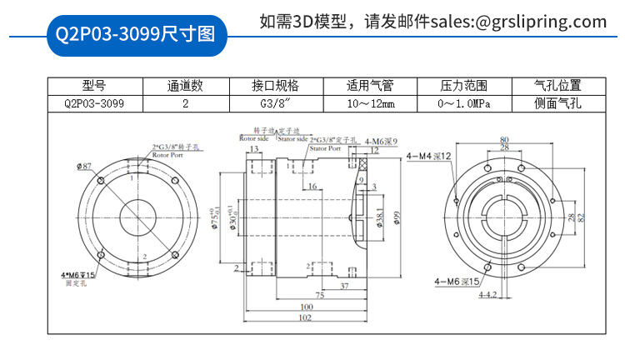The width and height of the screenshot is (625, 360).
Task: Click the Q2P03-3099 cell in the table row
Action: click(x=94, y=104)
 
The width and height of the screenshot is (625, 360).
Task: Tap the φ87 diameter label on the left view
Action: click(x=83, y=167)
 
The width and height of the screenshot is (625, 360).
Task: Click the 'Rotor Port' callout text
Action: click(x=167, y=155)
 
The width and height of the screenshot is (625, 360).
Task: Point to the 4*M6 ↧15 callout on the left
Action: click(x=79, y=275)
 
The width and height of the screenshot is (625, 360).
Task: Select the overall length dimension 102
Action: click(x=306, y=317)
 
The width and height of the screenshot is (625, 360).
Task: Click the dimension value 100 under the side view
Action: click(x=306, y=306)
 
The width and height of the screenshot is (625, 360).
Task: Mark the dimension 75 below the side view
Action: click(x=319, y=295)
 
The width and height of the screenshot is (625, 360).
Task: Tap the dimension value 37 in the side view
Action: click(x=344, y=285)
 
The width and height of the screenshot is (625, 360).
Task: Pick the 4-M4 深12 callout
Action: click(x=429, y=156)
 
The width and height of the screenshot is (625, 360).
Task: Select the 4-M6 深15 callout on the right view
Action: click(x=457, y=282)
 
